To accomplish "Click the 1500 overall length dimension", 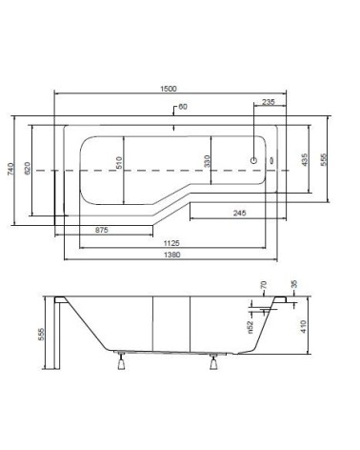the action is (169, 89).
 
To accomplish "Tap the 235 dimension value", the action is (269, 102).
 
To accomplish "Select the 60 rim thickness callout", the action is (183, 107).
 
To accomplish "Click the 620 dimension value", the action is (28, 168).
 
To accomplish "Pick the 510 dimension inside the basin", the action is (119, 162).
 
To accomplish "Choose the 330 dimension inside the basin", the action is (207, 161).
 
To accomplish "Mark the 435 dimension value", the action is (304, 160).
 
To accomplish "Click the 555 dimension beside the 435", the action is (323, 160).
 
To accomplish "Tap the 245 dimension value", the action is (239, 213).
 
